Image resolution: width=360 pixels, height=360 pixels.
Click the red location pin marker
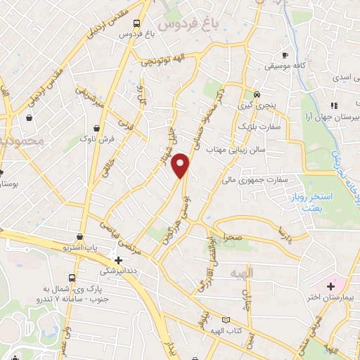[181, 165]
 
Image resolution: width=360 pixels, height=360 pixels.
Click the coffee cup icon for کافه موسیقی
[285, 55]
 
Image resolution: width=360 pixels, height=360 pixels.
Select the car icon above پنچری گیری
[257, 94]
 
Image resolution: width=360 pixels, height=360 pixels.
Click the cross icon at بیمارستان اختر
[330, 286]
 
